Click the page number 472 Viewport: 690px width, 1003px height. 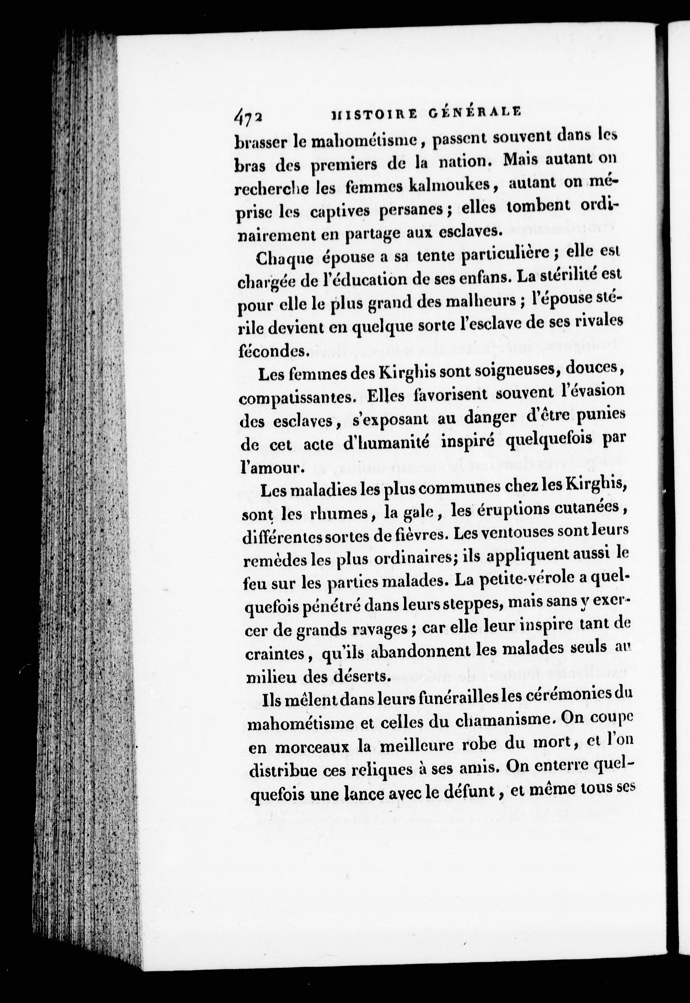click(x=248, y=116)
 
